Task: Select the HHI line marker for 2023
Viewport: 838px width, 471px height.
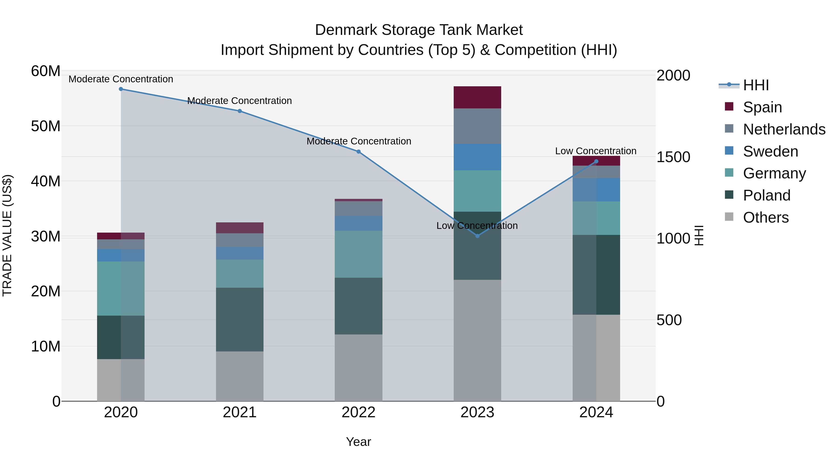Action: (477, 236)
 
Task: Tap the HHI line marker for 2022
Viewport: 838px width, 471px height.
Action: (358, 151)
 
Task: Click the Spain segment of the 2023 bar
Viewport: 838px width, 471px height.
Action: (477, 97)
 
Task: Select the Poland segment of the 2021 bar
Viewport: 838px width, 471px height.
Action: (240, 320)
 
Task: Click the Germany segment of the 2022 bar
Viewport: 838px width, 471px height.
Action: (358, 254)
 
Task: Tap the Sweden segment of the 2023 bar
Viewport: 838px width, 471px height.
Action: (477, 157)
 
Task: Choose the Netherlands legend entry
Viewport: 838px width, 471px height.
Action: (784, 129)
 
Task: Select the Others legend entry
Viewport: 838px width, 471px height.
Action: (766, 217)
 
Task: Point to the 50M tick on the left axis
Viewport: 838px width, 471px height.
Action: (46, 126)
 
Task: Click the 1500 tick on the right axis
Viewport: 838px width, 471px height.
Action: (673, 157)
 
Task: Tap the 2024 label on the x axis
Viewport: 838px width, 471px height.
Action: (596, 412)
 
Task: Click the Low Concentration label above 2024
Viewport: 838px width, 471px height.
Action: (596, 151)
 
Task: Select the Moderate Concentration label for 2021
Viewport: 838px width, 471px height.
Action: (240, 101)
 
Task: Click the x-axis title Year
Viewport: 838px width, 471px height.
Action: (358, 442)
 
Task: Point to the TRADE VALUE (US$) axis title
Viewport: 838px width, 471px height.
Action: (7, 236)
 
